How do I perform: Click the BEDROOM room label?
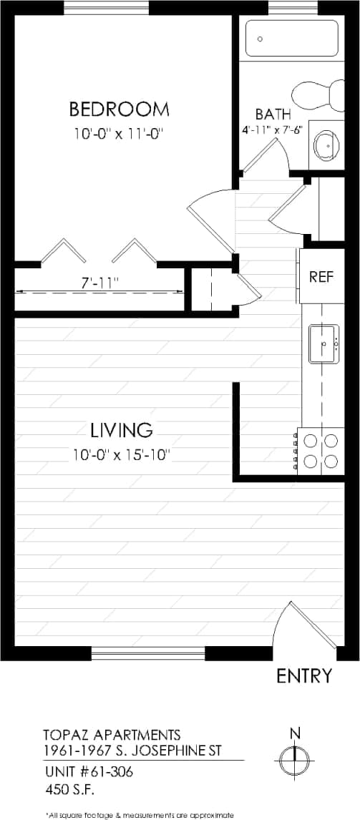tap(119, 109)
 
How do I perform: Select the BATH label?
tap(273, 114)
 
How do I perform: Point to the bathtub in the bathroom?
tap(291, 38)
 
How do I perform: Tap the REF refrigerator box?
tap(321, 276)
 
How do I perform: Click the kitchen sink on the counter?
tap(323, 344)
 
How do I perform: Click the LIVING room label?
tap(122, 430)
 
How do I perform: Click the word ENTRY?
tap(304, 675)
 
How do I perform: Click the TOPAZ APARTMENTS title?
tap(111, 735)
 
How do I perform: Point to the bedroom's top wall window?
tap(107, 8)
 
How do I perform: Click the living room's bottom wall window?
tap(148, 653)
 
